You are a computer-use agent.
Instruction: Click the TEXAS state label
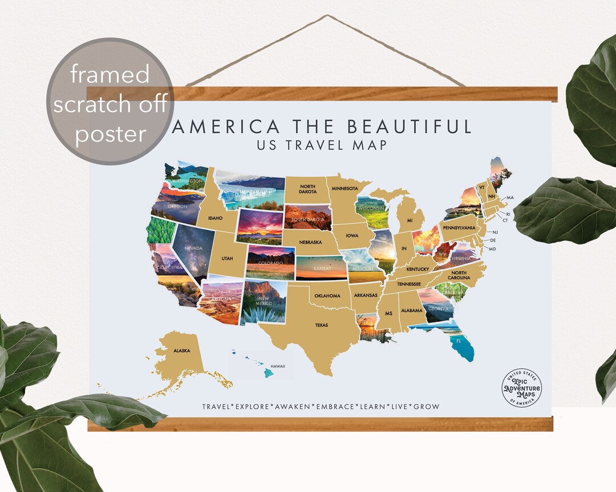point(322,325)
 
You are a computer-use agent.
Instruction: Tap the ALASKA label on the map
point(182,351)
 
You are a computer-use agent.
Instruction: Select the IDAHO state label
point(215,218)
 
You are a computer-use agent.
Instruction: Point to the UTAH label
point(227,259)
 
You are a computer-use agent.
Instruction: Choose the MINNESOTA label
point(345,188)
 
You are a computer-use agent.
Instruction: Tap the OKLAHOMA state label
point(327,296)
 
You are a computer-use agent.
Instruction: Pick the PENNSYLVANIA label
point(459,228)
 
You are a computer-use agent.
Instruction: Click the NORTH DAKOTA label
point(307,189)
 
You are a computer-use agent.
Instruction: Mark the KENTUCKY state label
point(418,269)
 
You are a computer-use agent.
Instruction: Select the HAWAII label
point(278,366)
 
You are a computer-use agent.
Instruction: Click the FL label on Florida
point(458,341)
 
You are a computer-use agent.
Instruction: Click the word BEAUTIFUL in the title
point(410,126)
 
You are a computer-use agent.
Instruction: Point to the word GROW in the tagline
point(427,407)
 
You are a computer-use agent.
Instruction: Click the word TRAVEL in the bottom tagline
point(217,407)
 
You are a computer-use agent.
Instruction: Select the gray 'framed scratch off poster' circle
point(111,101)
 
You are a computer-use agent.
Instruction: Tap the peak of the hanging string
point(327,16)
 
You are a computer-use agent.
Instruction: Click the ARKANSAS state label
point(365,295)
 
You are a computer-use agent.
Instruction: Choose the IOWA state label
point(352,235)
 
